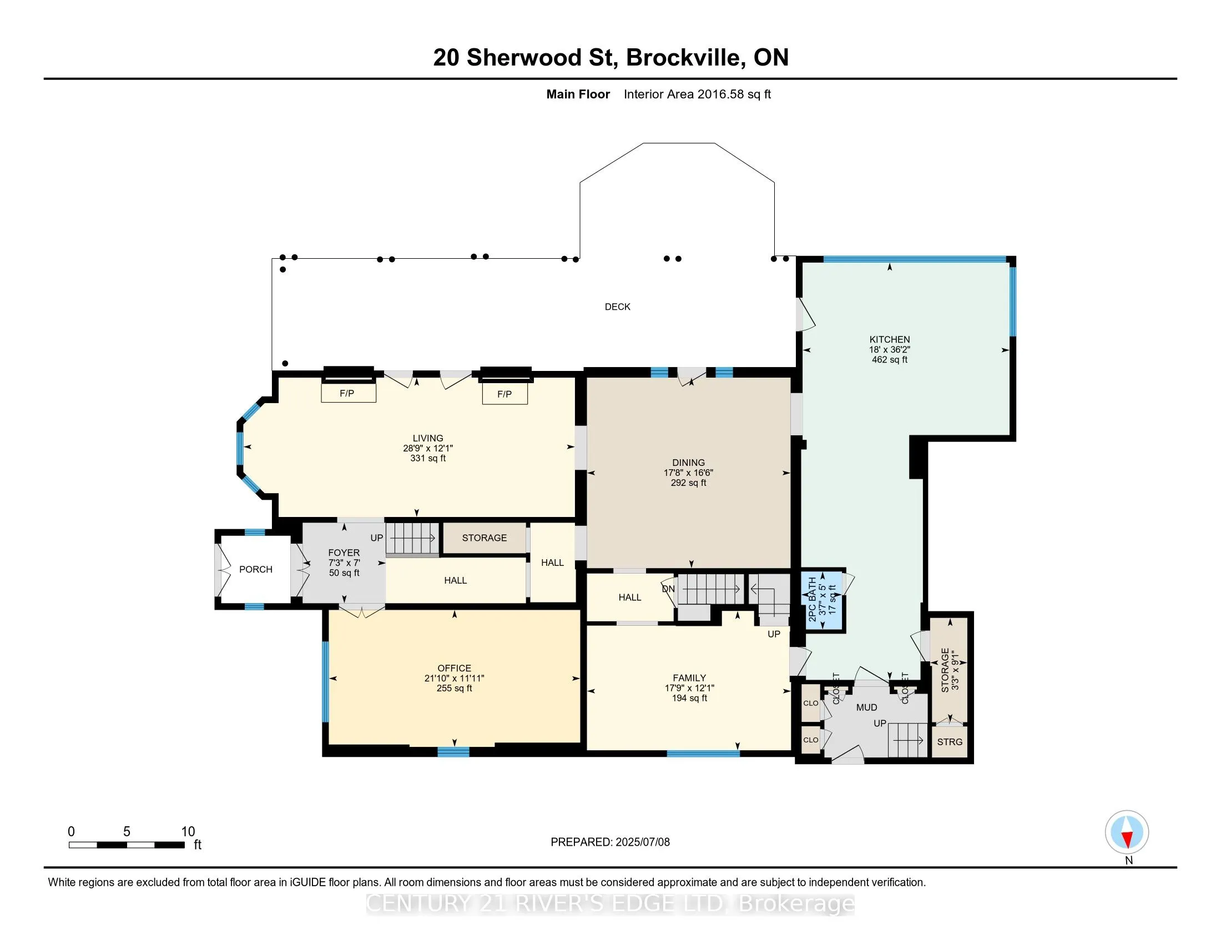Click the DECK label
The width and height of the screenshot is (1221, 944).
[617, 307]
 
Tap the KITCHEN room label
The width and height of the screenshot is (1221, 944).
[890, 339]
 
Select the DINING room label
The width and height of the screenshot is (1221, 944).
[688, 463]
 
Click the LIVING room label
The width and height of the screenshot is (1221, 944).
[428, 439]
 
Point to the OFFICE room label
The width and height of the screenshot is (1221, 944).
[454, 668]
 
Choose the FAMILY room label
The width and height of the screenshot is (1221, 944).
[689, 678]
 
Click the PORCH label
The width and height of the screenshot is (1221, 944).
[255, 569]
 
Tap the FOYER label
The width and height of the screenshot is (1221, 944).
[344, 553]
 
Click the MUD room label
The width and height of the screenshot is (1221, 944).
[866, 707]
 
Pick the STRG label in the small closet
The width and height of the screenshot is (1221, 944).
[949, 741]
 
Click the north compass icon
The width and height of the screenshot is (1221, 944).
[1127, 832]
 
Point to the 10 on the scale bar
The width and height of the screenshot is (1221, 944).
[188, 832]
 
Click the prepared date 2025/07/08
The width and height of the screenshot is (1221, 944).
[642, 842]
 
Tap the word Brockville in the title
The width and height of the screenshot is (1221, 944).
[685, 58]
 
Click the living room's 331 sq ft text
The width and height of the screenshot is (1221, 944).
[428, 458]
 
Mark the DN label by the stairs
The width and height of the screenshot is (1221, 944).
[668, 589]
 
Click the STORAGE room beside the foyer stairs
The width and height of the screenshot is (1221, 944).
[484, 538]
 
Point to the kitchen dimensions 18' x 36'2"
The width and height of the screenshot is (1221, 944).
[890, 349]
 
